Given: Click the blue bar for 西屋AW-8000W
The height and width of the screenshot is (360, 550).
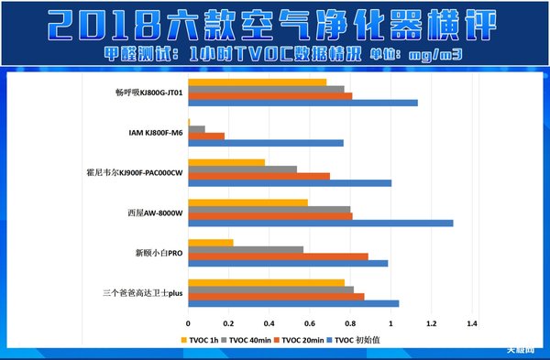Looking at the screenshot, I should coord(320,223).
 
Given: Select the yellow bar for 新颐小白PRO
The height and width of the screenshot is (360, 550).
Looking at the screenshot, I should coord(211,242).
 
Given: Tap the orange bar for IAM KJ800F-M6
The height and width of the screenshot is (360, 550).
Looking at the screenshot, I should coord(206,136).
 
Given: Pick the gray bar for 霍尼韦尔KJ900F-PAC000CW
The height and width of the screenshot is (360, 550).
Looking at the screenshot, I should coord(242,169).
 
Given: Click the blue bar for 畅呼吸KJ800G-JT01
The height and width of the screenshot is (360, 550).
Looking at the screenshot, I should coord(302,102).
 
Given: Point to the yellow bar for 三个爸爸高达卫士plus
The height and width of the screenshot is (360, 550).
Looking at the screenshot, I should coord(266,282).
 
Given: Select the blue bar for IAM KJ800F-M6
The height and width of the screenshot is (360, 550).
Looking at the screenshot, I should coord(266,143).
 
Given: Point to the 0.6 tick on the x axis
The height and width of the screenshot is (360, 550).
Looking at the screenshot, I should coord(310,323).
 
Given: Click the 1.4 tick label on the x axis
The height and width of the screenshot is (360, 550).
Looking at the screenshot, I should coord(472,323).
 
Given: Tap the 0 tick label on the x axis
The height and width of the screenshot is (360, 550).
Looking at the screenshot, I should coord(188,323).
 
